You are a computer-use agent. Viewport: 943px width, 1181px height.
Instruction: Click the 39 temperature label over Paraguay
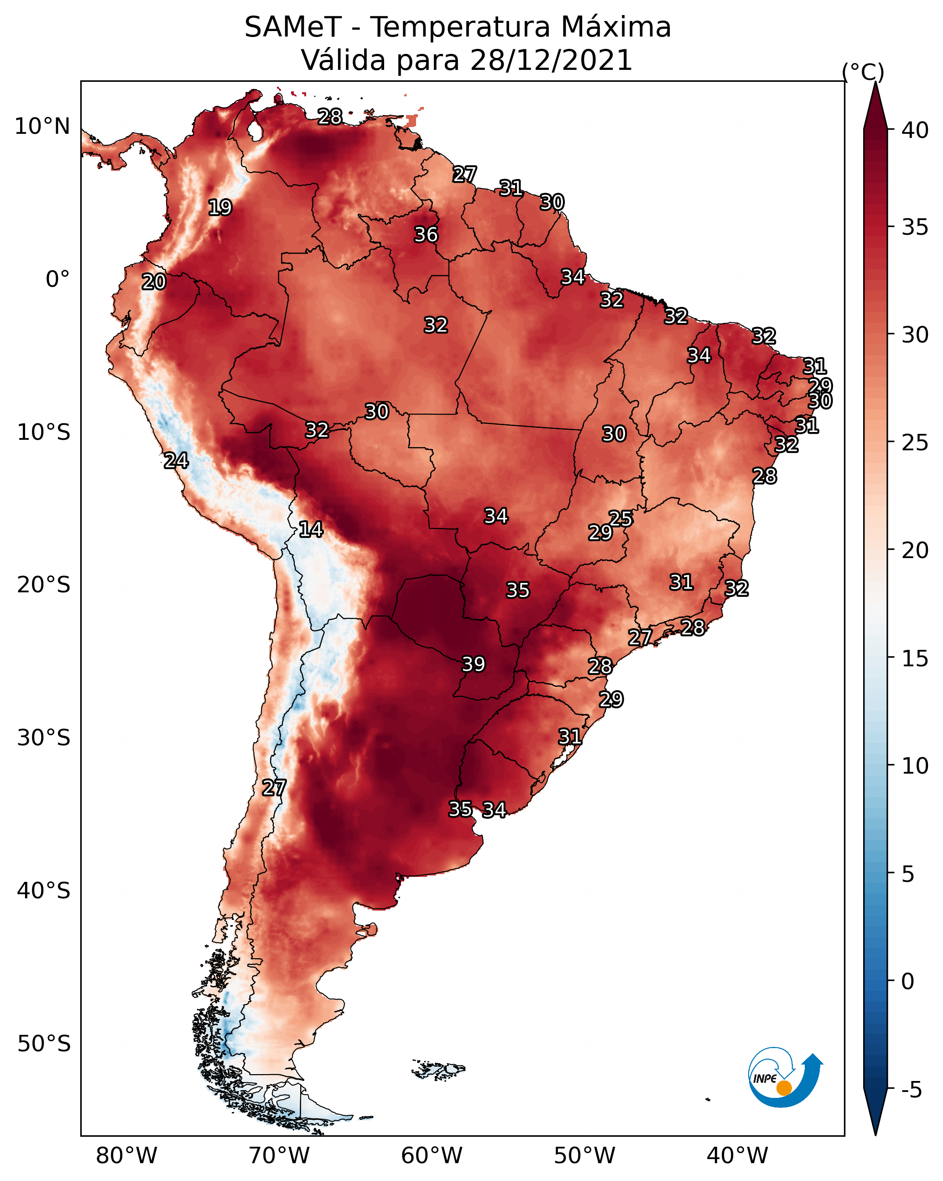pos(474,664)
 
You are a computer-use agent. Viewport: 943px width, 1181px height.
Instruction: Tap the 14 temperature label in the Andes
pos(311,529)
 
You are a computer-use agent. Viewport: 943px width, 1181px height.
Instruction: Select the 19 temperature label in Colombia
pos(220,208)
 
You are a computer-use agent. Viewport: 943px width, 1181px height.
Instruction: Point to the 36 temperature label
pos(426,234)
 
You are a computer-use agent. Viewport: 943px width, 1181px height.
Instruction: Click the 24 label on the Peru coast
pos(176,461)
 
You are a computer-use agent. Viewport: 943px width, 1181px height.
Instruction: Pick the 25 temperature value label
pos(620,518)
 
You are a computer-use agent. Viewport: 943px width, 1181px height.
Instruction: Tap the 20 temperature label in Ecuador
pos(154,282)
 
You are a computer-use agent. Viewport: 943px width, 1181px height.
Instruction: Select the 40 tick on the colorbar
pos(915,130)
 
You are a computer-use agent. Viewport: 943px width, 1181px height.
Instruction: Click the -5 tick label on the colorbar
pos(911,1090)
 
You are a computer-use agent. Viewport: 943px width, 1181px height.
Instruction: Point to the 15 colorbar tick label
pos(915,659)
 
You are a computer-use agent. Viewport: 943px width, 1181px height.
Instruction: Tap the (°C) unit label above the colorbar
pos(863,72)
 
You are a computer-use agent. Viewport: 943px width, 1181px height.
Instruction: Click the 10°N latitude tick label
pos(42,127)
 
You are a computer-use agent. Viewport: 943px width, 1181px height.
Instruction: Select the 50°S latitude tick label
pos(44,1044)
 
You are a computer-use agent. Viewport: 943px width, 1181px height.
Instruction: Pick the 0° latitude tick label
pos(58,279)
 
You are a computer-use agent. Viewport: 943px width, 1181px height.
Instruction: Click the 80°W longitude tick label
pos(126,1156)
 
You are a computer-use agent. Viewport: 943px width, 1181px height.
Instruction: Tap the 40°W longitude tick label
pos(737,1156)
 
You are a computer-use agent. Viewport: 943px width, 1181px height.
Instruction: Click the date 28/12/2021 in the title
pos(551,60)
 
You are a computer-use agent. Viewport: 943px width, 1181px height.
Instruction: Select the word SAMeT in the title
pos(293,27)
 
